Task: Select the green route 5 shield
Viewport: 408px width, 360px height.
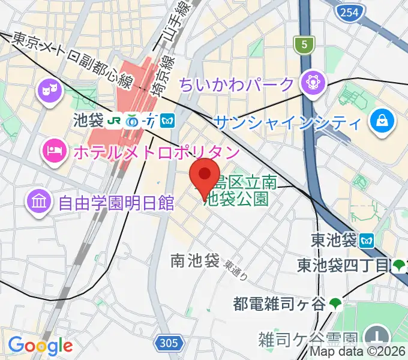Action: (304, 44)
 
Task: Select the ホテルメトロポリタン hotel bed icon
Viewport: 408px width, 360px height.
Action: (54, 151)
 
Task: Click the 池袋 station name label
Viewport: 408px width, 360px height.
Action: (88, 121)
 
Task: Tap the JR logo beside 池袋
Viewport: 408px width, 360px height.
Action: (115, 121)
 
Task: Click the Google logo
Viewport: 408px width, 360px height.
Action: (40, 346)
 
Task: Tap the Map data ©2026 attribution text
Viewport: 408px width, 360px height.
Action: (358, 352)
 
